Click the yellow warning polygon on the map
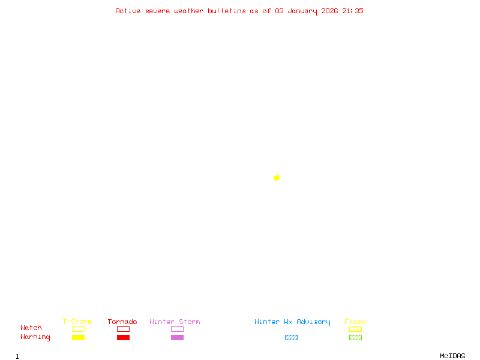(x=277, y=178)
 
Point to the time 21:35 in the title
(x=353, y=11)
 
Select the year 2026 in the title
(x=329, y=11)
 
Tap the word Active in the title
(x=128, y=11)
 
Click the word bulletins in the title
(x=227, y=11)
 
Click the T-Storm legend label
(x=77, y=322)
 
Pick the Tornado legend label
(x=122, y=322)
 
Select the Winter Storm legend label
(x=175, y=322)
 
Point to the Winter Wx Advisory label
(x=292, y=322)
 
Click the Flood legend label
(x=355, y=322)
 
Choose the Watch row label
(x=31, y=328)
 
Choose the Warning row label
(x=35, y=337)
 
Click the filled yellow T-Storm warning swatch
(x=78, y=338)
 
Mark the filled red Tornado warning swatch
(x=123, y=338)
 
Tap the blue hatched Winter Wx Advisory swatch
(x=291, y=338)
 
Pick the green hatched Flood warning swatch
(x=355, y=338)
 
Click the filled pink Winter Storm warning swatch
(x=177, y=338)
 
